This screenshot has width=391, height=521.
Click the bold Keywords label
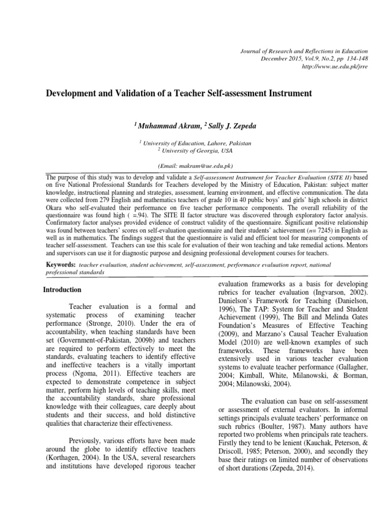coord(61,265)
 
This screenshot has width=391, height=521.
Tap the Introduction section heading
coord(62,290)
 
